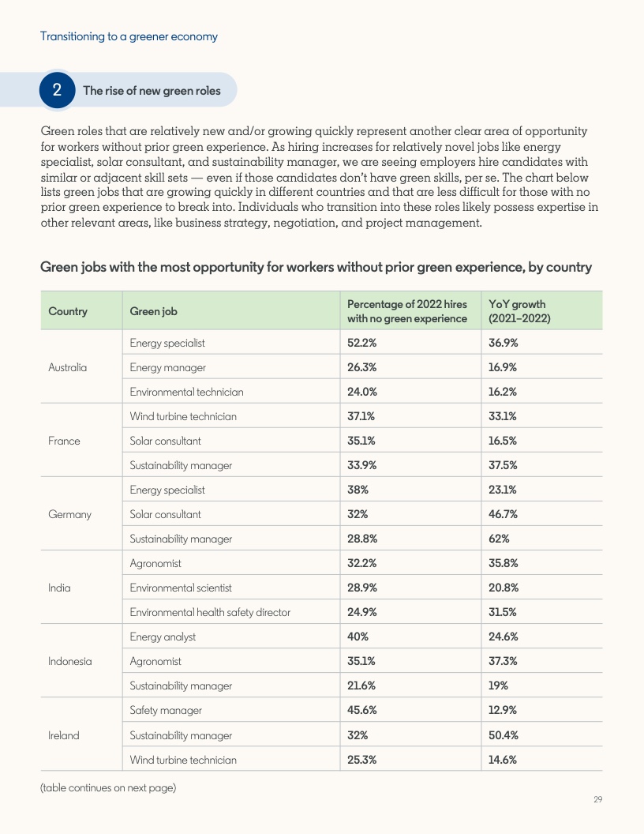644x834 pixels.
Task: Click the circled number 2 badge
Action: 57,90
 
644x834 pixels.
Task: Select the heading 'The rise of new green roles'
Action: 152,91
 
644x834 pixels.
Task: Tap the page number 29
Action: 597,800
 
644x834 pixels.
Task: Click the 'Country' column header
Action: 68,311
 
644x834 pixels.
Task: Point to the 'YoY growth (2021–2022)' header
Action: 519,311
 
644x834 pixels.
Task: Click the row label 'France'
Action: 64,441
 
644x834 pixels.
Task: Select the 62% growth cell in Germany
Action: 499,539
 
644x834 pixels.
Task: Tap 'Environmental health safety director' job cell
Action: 210,612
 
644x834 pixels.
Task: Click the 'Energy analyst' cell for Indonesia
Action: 163,637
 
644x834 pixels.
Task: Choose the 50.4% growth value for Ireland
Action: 503,735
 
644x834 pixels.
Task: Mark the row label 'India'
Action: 59,588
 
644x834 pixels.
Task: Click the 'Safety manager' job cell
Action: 166,710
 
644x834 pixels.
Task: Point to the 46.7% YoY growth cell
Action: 503,514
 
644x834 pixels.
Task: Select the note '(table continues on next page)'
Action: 108,787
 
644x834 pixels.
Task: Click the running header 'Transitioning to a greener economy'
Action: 129,36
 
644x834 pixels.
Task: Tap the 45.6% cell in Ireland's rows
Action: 361,710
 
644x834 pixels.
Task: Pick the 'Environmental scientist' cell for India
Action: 181,588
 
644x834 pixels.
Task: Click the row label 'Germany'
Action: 69,514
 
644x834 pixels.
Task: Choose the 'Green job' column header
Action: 153,311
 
